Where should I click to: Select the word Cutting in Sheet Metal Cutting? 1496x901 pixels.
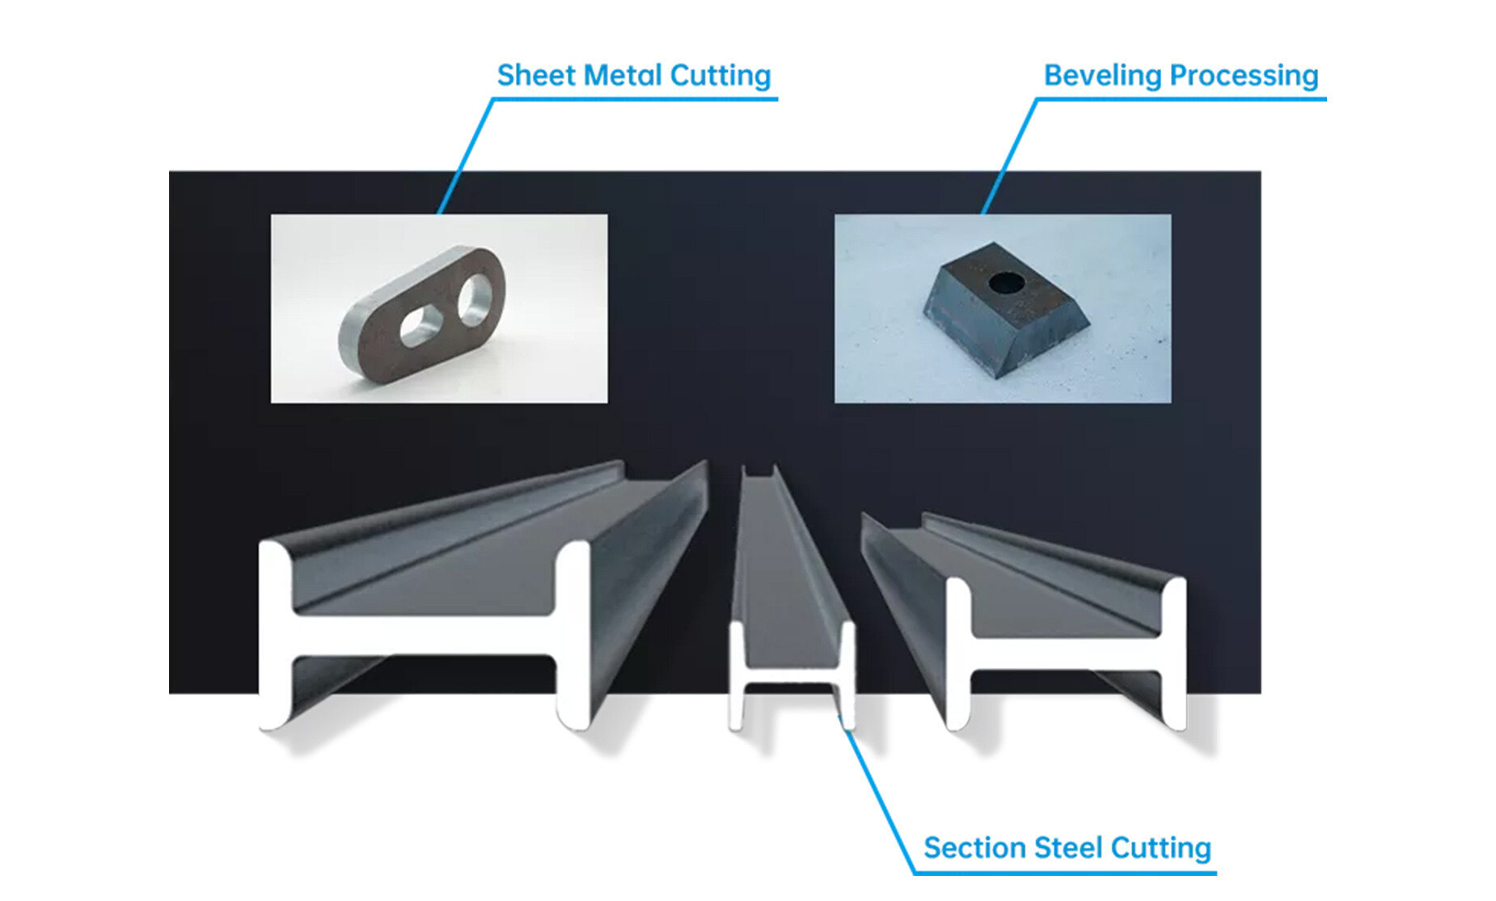(x=720, y=75)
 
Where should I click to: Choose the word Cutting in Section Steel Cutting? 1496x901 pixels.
(x=1160, y=848)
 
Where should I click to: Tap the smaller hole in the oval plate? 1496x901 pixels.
(x=417, y=325)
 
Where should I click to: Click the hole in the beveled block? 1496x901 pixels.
(x=1006, y=283)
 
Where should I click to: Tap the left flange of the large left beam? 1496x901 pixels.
(x=274, y=635)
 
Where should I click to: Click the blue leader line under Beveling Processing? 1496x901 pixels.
(x=1181, y=99)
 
